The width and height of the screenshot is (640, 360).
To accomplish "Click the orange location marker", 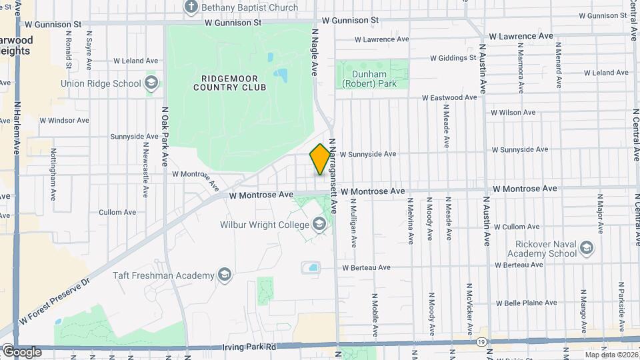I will point(320,159).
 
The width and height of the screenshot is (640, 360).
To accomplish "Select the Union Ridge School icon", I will point(151,83).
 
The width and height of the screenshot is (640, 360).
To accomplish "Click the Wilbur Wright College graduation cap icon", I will point(320,225).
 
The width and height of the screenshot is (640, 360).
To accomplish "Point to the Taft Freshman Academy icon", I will point(225,275).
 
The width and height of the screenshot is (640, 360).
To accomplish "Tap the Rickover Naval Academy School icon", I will point(587,249).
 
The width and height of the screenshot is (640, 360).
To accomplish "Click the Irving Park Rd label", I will point(249,347).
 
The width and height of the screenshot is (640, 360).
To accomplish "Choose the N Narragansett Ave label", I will point(331,179).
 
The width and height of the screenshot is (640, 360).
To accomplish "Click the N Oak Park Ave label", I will point(164,137).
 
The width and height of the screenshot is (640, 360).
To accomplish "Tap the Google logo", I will point(22,351).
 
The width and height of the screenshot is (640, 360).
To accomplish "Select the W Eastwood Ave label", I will point(450,97).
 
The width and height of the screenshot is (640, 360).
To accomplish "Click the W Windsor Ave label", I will point(64,121).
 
